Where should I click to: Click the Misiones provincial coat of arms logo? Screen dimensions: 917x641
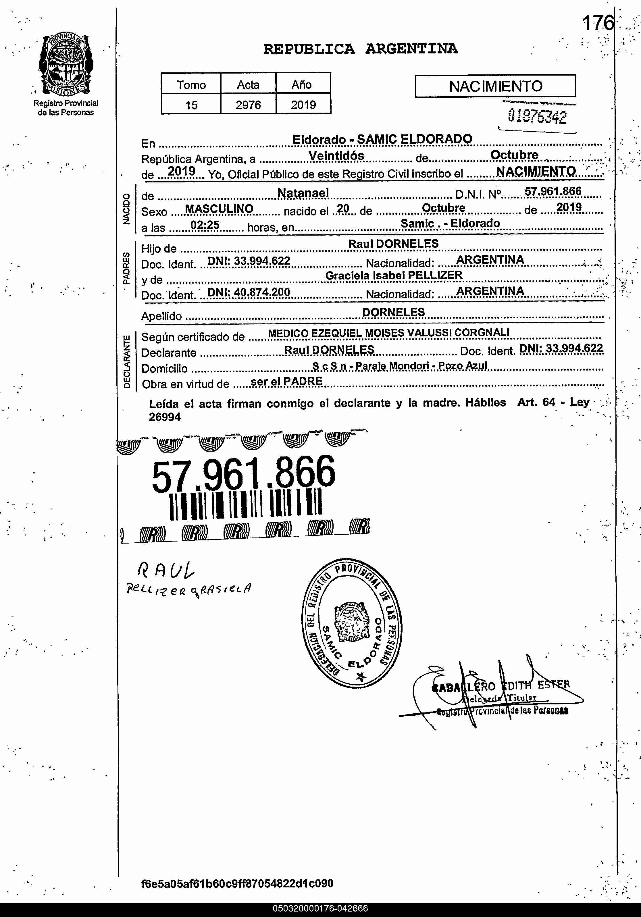click(x=66, y=65)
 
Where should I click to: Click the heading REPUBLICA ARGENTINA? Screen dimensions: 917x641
click(x=360, y=49)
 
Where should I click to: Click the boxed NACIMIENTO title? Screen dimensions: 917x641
click(x=495, y=86)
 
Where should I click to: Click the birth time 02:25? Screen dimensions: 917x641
click(x=205, y=225)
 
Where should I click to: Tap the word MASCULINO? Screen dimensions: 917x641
click(x=219, y=209)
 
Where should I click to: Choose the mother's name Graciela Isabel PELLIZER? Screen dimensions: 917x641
click(x=394, y=275)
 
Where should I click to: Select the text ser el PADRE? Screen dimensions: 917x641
click(x=286, y=382)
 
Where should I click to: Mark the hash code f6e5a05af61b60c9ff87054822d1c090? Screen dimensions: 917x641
click(x=237, y=883)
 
